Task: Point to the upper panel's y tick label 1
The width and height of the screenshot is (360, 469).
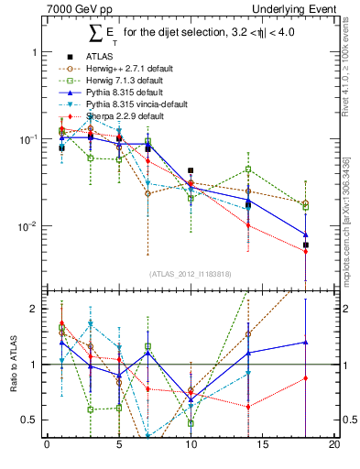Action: (34, 52)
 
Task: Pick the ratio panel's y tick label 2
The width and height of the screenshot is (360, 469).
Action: (34, 309)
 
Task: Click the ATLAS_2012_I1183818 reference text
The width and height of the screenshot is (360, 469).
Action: (191, 274)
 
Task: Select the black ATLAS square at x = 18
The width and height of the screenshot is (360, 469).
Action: (306, 245)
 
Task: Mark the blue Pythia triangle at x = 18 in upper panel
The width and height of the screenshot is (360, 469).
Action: (306, 234)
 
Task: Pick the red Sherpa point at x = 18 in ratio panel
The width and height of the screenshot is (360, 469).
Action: (306, 377)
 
